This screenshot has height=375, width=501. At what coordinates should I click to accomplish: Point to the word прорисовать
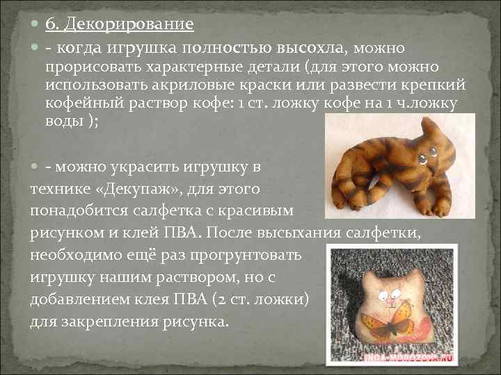[x=92, y=67]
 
